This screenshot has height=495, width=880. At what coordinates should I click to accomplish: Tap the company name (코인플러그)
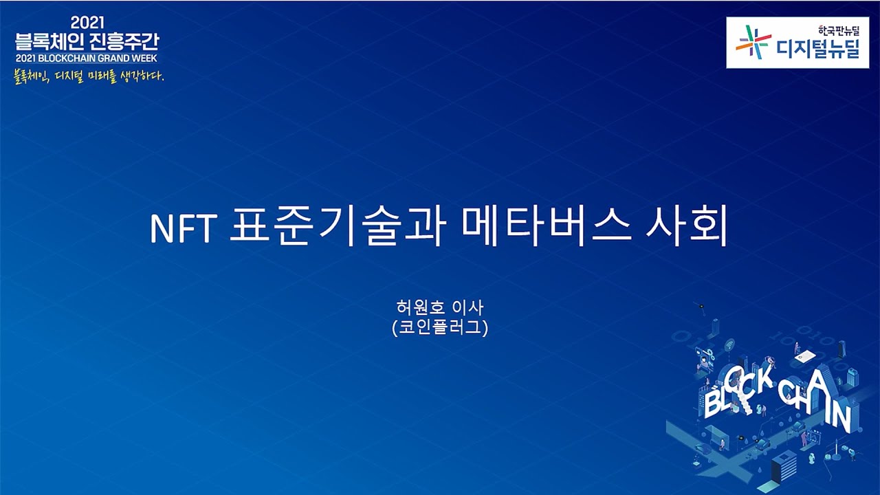tap(440, 329)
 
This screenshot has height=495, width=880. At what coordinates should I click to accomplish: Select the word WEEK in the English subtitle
tap(143, 58)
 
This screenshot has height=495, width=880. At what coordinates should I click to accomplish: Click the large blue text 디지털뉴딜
tap(818, 49)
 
